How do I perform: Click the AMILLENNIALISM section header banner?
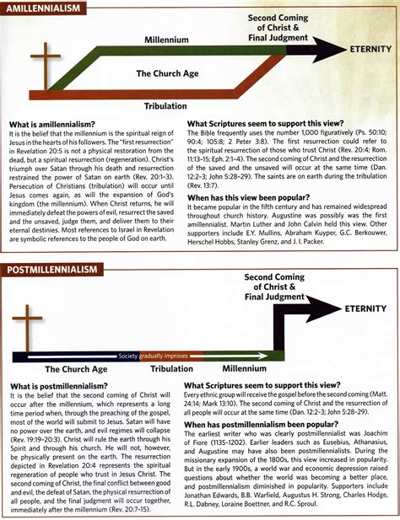pos(44,8)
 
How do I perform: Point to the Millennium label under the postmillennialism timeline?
pos(246,368)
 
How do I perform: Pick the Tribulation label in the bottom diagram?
pos(172,368)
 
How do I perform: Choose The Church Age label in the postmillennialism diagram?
pos(76,368)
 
